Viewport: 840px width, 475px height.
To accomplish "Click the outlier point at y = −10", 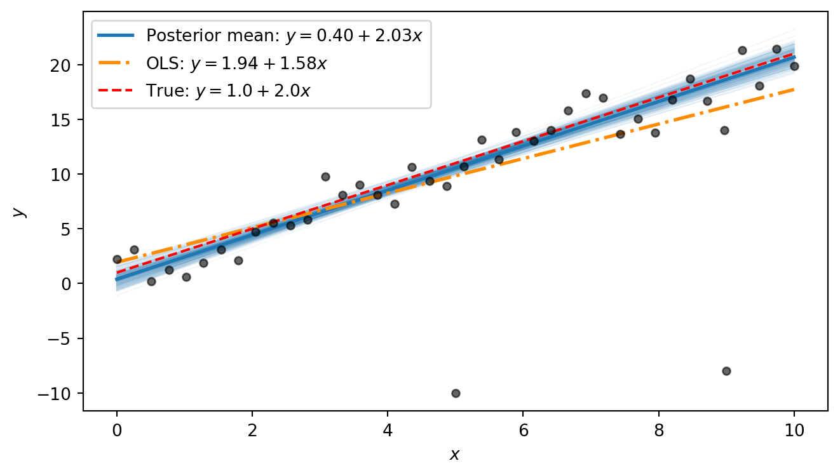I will point(456,393).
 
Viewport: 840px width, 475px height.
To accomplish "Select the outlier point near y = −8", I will point(726,371).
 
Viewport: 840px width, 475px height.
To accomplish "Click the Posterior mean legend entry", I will point(284,35).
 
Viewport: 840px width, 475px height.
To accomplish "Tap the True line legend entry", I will point(228,91).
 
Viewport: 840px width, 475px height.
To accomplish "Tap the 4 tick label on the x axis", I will point(388,431).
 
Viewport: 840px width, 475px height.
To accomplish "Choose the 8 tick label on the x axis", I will point(658,431).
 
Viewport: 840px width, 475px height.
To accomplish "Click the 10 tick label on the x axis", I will point(794,431).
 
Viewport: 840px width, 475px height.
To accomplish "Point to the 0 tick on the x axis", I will point(117,431).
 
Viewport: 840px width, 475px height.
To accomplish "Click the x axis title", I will point(455,455).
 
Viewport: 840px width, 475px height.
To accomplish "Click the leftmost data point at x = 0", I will point(117,259).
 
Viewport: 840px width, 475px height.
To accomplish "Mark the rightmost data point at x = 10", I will point(794,66).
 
